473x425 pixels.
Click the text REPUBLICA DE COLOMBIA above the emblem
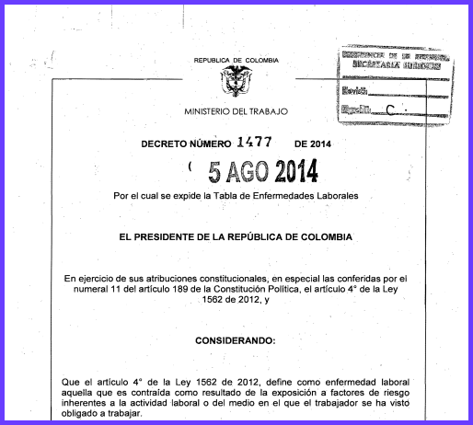pyautogui.click(x=236, y=60)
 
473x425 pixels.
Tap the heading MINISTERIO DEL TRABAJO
pyautogui.click(x=236, y=111)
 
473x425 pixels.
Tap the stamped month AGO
pyautogui.click(x=253, y=171)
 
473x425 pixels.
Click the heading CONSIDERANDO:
pyautogui.click(x=236, y=339)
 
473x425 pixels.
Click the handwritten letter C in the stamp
pyautogui.click(x=393, y=110)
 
